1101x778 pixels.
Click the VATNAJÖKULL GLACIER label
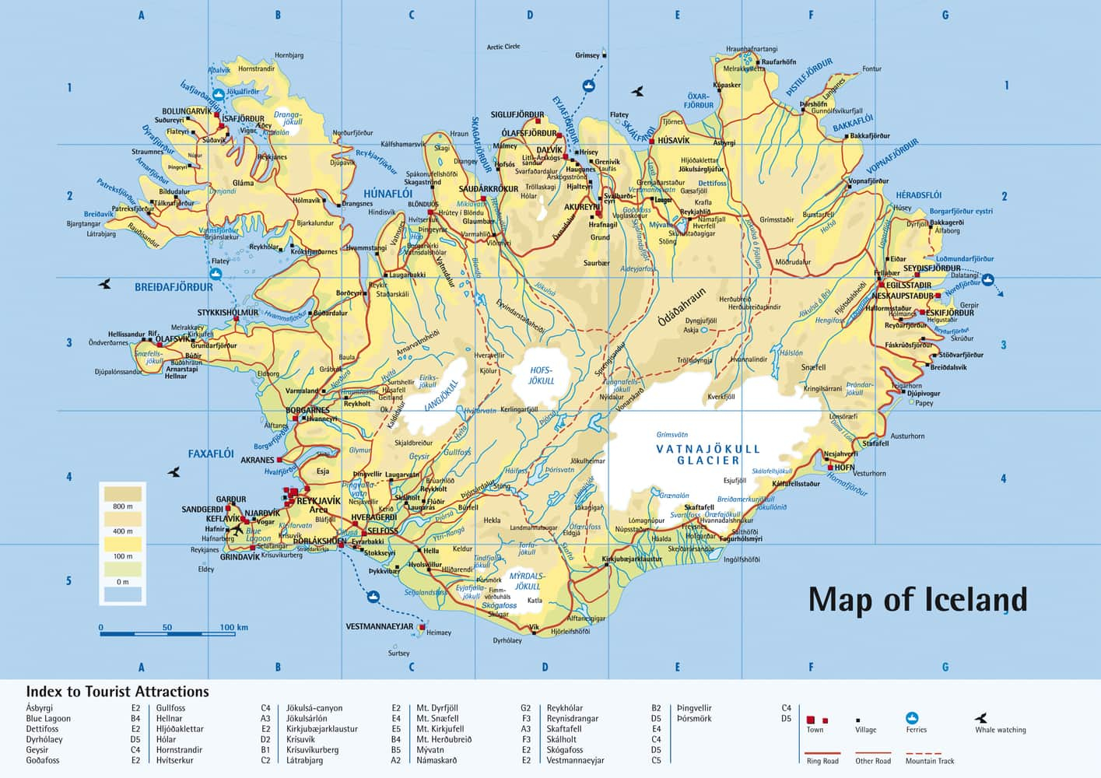(x=707, y=454)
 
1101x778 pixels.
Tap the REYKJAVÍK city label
(x=318, y=501)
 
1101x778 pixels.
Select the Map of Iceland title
(x=917, y=600)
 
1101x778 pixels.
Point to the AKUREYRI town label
(x=582, y=207)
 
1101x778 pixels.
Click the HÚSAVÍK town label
(x=673, y=141)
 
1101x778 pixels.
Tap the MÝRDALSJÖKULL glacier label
(x=527, y=581)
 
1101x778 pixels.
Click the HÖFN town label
(x=844, y=468)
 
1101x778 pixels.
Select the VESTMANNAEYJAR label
(x=379, y=626)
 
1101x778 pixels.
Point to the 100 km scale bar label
(x=233, y=627)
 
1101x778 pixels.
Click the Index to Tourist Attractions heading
(x=117, y=692)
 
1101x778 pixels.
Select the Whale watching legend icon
(x=981, y=718)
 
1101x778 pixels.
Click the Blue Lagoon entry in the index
(x=48, y=719)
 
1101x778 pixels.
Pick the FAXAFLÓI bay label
(x=211, y=454)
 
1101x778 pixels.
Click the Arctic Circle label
(x=503, y=47)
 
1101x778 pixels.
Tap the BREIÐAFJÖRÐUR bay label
(x=174, y=287)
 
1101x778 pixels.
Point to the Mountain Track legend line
(x=924, y=753)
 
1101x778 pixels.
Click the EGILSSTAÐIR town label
(x=909, y=286)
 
